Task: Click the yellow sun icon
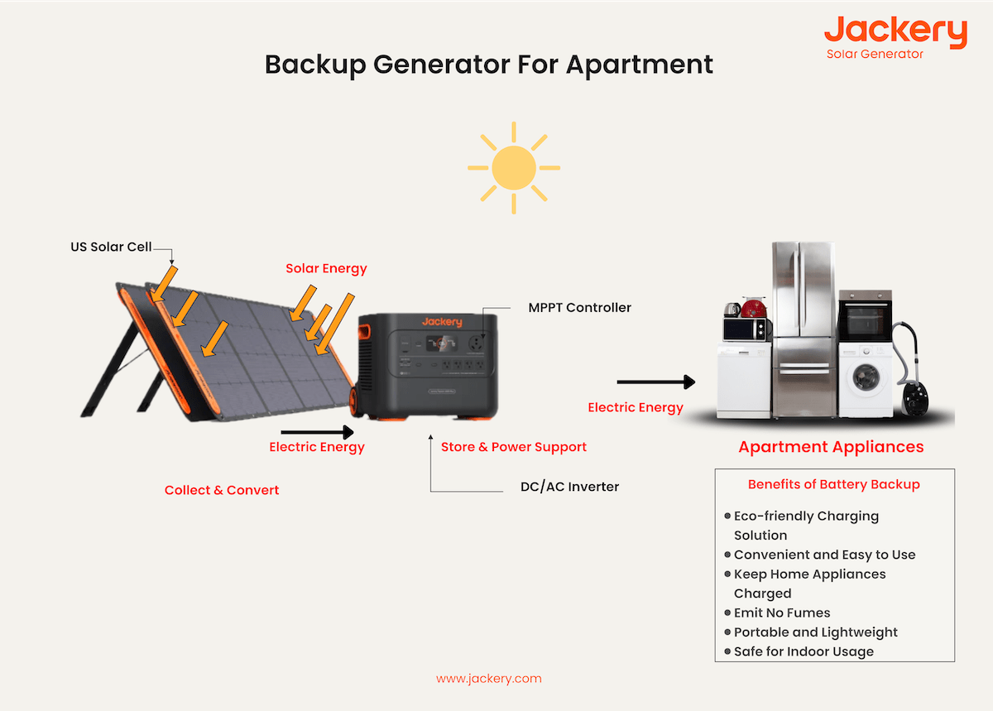click(x=513, y=168)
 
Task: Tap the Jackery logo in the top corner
click(x=895, y=33)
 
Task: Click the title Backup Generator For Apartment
click(x=488, y=65)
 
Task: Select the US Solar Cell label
click(x=111, y=247)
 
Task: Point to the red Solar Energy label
click(x=326, y=268)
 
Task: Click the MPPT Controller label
click(x=579, y=308)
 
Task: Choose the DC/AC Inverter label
click(x=569, y=487)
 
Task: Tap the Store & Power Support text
click(x=513, y=447)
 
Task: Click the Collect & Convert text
click(x=222, y=490)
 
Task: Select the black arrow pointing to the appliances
click(x=655, y=382)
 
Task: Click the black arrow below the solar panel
click(x=317, y=431)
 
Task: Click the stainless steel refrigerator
click(x=804, y=331)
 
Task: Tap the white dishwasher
click(x=744, y=381)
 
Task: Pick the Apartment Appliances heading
click(x=831, y=447)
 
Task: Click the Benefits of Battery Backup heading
click(x=833, y=484)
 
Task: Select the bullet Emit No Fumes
click(x=781, y=613)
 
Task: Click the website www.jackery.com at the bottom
click(x=488, y=679)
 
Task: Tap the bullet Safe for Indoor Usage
click(x=803, y=651)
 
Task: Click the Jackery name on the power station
click(x=442, y=322)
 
